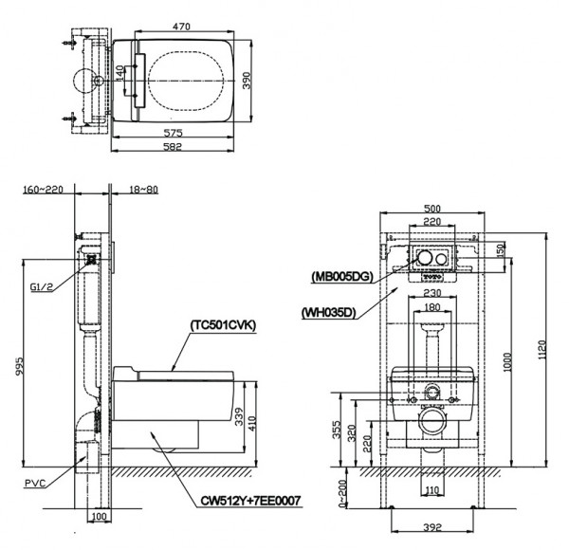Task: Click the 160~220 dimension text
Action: (x=42, y=190)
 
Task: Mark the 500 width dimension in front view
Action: (x=432, y=209)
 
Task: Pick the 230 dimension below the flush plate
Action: (x=432, y=294)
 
